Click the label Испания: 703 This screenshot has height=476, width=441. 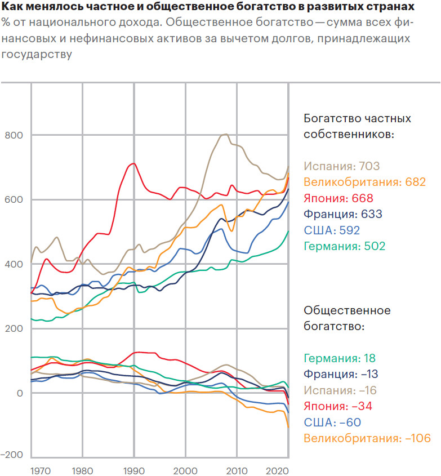(x=342, y=166)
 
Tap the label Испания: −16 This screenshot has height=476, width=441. (x=341, y=390)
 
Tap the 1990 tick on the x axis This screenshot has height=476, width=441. (x=133, y=469)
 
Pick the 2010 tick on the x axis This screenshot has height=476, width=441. (x=237, y=469)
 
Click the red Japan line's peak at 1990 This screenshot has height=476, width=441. (x=133, y=163)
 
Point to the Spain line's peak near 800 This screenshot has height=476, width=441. (x=225, y=134)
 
